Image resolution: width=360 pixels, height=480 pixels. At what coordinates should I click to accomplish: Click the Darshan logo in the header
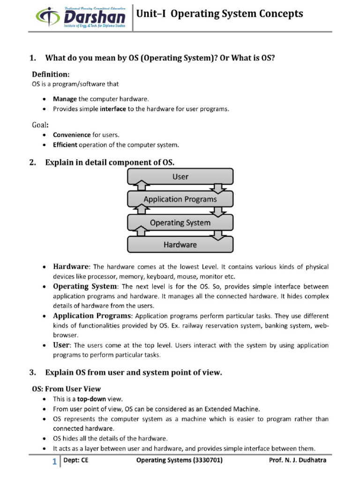coord(81,17)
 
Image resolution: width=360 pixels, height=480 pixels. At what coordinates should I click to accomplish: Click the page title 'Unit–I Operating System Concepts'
coord(219,15)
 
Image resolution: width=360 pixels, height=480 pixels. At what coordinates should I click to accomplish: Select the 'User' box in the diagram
coord(180,177)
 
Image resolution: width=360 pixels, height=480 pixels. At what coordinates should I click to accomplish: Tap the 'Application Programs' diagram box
coord(180,199)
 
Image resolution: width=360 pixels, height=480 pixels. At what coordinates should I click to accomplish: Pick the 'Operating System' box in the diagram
coord(180,223)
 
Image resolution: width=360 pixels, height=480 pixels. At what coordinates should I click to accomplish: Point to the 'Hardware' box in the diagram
coord(180,245)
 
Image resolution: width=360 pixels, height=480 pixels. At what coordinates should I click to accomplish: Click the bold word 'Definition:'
coord(51,75)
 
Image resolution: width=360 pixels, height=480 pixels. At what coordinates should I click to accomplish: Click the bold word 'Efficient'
coord(65,144)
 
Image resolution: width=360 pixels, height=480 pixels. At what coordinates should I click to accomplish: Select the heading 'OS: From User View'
coord(66,389)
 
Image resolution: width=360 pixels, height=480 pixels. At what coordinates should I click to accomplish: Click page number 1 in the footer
coord(54,462)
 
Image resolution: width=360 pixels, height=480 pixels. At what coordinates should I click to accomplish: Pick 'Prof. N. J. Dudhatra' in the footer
coord(298,460)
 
